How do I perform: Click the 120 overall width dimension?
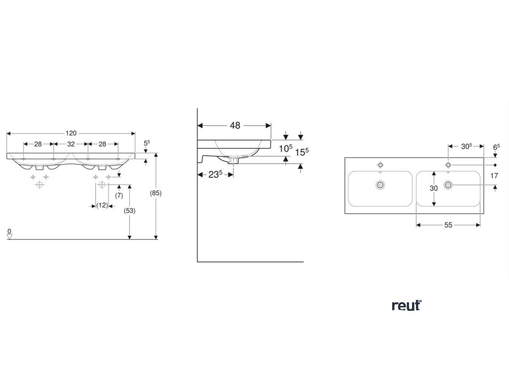pyautogui.click(x=71, y=133)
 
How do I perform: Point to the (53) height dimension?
pyautogui.click(x=129, y=210)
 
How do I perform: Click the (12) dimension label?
pyautogui.click(x=102, y=205)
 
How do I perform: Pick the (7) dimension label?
pyautogui.click(x=119, y=195)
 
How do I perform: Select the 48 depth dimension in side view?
pyautogui.click(x=235, y=126)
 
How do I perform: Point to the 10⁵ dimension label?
pyautogui.click(x=285, y=148)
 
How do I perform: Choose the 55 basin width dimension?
pyautogui.click(x=448, y=225)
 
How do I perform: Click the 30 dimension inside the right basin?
pyautogui.click(x=434, y=189)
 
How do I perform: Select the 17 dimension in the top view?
pyautogui.click(x=494, y=176)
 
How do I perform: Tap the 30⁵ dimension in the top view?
pyautogui.click(x=466, y=146)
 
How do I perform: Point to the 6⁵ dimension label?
pyautogui.click(x=496, y=147)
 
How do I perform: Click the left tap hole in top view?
pyautogui.click(x=380, y=164)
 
